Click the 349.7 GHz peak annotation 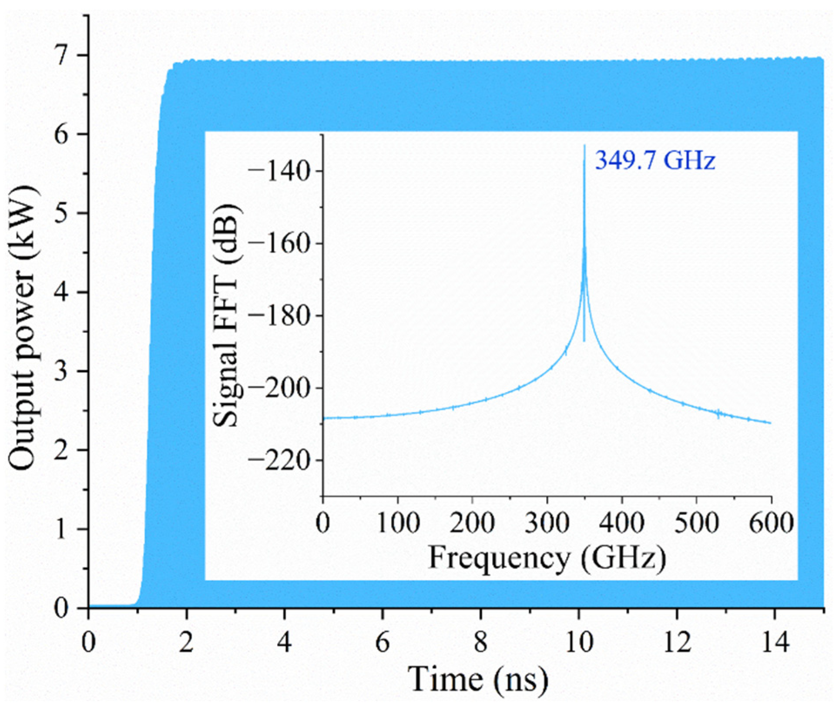655,160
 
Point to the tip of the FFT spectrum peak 584,145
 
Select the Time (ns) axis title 477,679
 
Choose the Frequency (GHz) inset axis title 547,558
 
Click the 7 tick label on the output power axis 62,55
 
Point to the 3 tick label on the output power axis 62,371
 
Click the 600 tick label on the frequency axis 771,523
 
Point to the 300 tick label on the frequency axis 547,523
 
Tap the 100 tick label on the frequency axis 398,523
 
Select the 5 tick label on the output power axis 62,213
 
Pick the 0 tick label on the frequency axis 323,523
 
